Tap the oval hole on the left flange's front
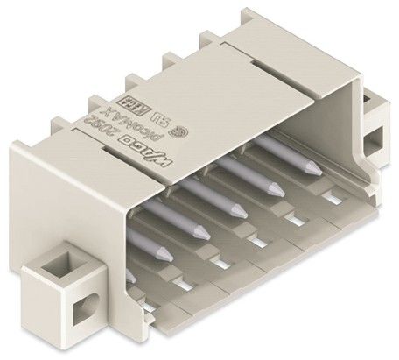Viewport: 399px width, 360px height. (85, 306)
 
